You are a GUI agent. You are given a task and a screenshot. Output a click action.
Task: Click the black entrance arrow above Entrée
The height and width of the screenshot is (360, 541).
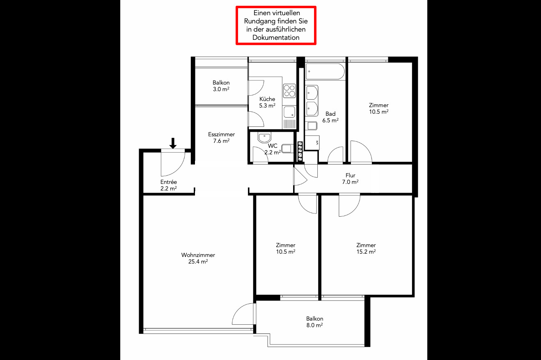coord(173,143)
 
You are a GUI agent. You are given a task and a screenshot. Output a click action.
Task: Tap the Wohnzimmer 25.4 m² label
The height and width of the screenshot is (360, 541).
coord(198,258)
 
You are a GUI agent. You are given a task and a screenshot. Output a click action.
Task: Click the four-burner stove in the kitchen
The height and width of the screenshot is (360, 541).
coord(289,91)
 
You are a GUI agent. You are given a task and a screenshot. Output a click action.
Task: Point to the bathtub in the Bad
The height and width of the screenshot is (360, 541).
coord(325,71)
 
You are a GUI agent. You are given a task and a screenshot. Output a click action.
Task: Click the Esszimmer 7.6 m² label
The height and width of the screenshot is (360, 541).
coord(222,138)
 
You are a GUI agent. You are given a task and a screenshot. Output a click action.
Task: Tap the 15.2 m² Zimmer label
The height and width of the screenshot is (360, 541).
coord(366,248)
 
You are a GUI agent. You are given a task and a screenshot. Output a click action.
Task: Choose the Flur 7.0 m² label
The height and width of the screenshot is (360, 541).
coord(350,179)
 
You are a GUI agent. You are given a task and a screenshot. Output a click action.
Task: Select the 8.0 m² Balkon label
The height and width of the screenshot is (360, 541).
coord(315,322)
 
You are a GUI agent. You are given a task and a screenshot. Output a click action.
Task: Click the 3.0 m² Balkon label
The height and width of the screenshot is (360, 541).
coord(221,86)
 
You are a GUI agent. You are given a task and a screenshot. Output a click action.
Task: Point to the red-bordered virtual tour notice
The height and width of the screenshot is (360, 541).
coord(276,25)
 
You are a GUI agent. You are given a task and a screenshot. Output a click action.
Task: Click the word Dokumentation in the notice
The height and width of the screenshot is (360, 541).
coord(276,37)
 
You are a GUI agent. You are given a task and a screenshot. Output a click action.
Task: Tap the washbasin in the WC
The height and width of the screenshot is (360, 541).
coord(264,138)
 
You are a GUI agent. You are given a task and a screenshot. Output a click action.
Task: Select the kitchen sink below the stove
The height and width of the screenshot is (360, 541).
coord(289,112)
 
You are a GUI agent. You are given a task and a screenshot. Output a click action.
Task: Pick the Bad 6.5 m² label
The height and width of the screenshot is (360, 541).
coord(330,117)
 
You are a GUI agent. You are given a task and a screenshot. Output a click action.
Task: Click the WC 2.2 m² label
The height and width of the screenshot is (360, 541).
coord(273,149)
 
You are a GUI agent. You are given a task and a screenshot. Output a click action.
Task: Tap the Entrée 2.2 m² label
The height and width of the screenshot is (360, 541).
coord(169,185)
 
